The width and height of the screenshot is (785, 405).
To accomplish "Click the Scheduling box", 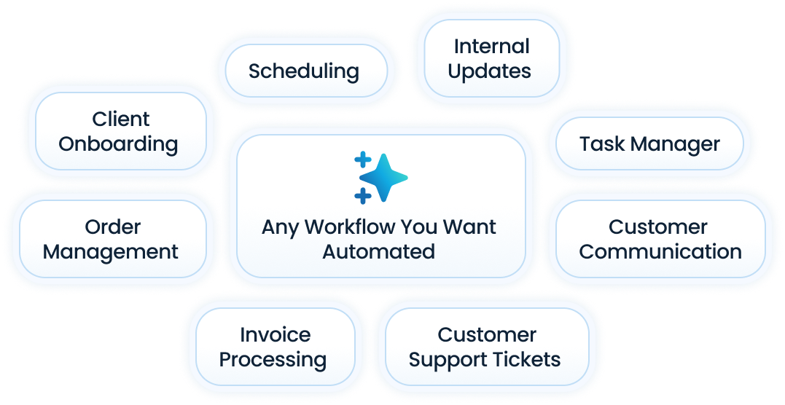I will click(x=304, y=71).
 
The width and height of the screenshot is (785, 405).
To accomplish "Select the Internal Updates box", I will click(x=489, y=58).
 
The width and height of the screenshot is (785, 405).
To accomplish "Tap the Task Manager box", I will click(x=649, y=143).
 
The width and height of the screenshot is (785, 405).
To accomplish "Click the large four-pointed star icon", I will click(x=384, y=177).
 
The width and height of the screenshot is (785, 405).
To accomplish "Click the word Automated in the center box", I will click(x=378, y=252).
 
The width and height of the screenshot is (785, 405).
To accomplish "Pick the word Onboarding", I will click(x=118, y=143).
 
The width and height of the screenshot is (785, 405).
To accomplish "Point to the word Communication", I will click(x=660, y=252).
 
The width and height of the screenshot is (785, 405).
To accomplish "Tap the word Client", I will click(x=120, y=119).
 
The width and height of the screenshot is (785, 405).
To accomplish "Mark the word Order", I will click(x=112, y=227).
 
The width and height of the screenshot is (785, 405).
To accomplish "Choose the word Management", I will click(x=110, y=252).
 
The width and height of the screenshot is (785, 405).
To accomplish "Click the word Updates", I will click(x=489, y=71).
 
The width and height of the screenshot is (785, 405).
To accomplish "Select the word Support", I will click(x=448, y=360).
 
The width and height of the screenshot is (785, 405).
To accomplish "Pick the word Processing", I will click(x=273, y=360).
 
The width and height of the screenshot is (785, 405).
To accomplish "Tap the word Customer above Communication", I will click(x=657, y=227).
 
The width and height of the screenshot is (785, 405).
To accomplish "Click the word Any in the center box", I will click(x=280, y=227).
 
